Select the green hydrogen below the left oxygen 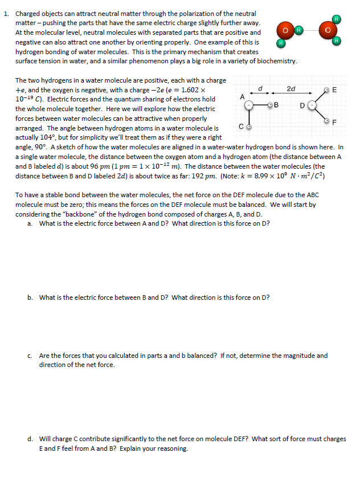[281, 43]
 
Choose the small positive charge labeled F [326, 120]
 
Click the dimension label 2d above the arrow [291, 88]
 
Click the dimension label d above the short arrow [260, 88]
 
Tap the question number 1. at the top [7, 13]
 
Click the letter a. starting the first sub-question [30, 223]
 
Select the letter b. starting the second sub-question [30, 297]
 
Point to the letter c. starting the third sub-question [30, 356]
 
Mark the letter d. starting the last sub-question [30, 439]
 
